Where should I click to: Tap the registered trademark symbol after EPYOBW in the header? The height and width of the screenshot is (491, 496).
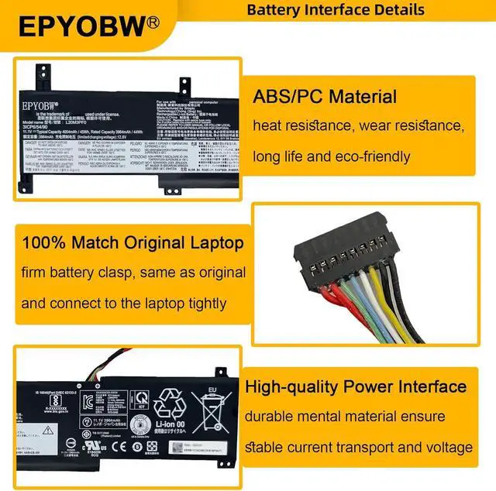click(153, 20)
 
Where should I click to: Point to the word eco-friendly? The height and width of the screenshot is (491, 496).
click(367, 156)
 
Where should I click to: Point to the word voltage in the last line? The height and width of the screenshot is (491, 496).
click(447, 448)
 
